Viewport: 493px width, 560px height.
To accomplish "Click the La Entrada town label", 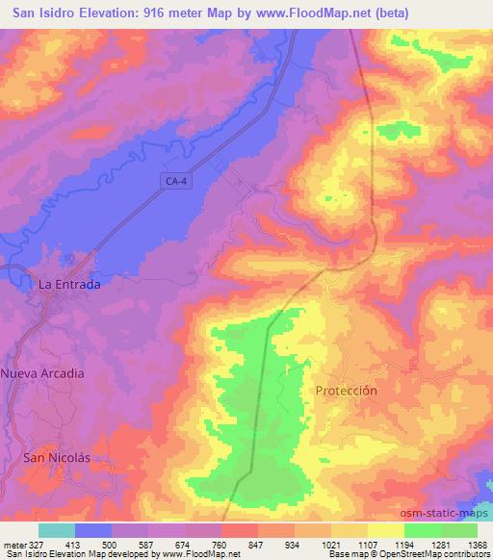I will pyautogui.click(x=68, y=285).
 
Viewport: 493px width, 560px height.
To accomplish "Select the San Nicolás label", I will pyautogui.click(x=56, y=458).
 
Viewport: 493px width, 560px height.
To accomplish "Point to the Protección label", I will pyautogui.click(x=346, y=391).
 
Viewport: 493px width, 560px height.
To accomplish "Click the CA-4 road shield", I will pyautogui.click(x=173, y=180).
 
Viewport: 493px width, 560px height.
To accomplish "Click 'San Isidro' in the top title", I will pyautogui.click(x=43, y=13).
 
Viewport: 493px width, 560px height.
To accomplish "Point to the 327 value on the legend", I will pyautogui.click(x=38, y=544).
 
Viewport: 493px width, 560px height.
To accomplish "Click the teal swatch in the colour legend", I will pyautogui.click(x=57, y=530).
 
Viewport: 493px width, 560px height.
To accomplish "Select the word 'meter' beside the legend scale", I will pyautogui.click(x=14, y=544).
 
